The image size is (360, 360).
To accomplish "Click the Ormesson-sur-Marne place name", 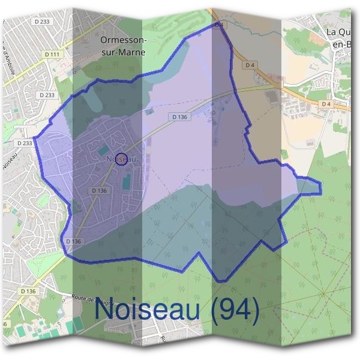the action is (x=125, y=46).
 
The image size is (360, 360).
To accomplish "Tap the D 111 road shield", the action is (x=52, y=55).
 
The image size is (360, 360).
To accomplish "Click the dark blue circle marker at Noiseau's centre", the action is (x=121, y=158).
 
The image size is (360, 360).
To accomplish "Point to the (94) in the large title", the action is (x=231, y=311).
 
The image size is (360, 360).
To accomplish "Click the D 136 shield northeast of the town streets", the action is (x=179, y=117).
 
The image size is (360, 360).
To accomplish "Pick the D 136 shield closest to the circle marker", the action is (x=100, y=190).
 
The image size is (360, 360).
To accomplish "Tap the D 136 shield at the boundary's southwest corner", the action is (x=73, y=241).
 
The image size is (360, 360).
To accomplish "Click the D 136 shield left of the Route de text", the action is (x=28, y=291).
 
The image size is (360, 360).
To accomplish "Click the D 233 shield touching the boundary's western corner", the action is (x=25, y=143).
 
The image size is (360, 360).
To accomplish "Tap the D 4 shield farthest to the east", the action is (x=326, y=104).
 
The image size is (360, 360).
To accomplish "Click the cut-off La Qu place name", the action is (x=339, y=36).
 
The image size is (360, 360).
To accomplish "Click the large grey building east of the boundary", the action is (x=272, y=97).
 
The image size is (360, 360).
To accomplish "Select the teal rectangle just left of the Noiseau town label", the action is (x=104, y=149).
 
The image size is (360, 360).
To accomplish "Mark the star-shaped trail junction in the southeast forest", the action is (x=325, y=293).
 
